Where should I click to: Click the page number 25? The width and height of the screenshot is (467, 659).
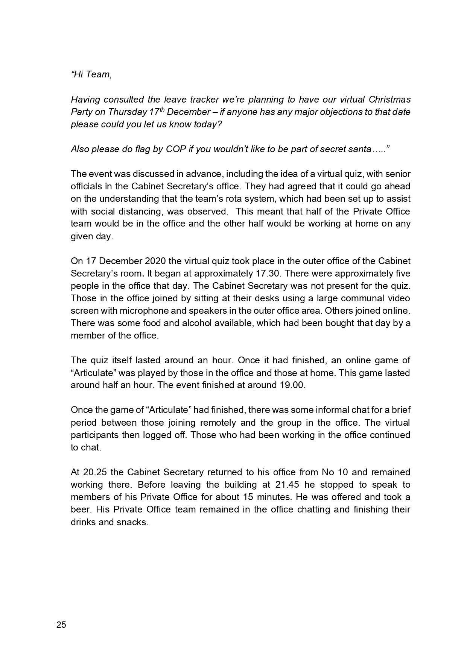(x=61, y=625)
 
